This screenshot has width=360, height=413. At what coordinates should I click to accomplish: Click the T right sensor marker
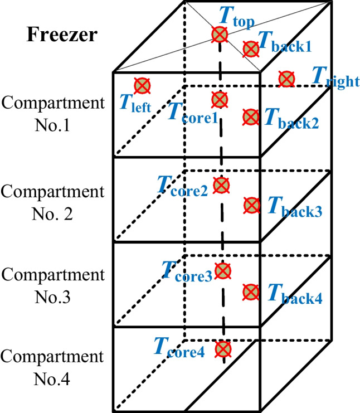[x=287, y=79]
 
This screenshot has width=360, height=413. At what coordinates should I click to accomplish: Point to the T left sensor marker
[x=143, y=86]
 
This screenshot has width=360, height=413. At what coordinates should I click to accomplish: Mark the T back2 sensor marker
[x=251, y=117]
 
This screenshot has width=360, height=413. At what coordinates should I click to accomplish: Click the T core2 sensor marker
[x=221, y=185]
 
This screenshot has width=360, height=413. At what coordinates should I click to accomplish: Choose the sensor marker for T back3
[x=251, y=205]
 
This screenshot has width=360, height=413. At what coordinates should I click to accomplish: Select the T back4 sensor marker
[x=251, y=291]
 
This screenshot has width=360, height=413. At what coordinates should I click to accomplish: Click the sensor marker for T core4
[x=223, y=349]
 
